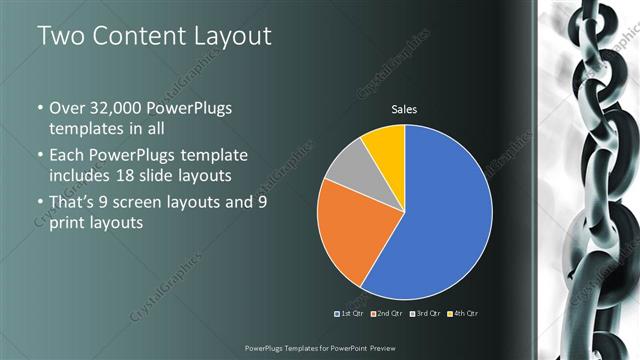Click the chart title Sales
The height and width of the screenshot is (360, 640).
click(404, 109)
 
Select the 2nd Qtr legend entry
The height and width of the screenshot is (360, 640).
click(388, 314)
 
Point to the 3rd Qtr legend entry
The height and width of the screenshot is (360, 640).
click(426, 314)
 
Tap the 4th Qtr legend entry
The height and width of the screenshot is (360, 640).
click(464, 314)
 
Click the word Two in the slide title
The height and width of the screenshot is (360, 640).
click(60, 37)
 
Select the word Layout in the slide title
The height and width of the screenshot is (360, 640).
click(233, 37)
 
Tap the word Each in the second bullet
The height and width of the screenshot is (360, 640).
click(67, 157)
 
